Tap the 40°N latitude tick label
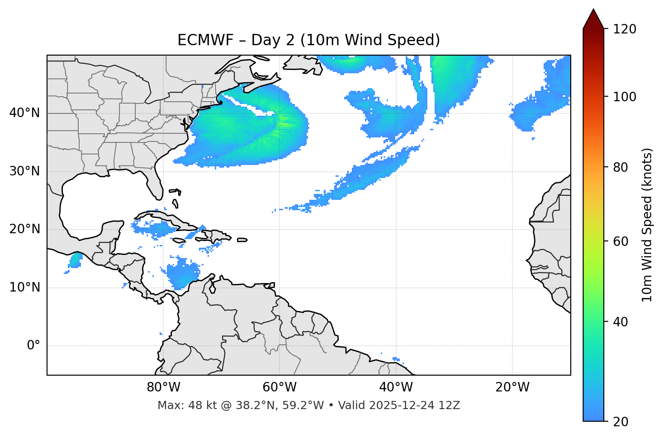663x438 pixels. click(24, 113)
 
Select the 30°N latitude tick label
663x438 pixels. click(24, 171)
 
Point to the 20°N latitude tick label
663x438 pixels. click(24, 229)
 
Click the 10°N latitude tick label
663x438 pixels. click(24, 287)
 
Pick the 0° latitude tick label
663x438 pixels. click(33, 346)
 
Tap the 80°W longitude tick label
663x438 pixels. click(163, 387)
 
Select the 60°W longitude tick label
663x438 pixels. click(279, 387)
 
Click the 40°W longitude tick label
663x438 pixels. click(396, 387)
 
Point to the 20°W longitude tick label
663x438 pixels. click(512, 387)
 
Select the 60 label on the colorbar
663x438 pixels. click(621, 241)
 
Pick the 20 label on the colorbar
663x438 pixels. click(621, 422)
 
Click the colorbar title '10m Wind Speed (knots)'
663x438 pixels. click(647, 225)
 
